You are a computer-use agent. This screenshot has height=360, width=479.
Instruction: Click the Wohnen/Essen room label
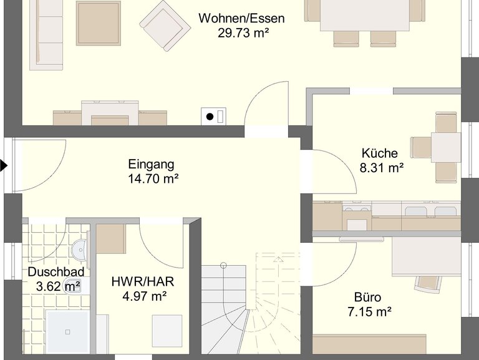[x=241, y=18]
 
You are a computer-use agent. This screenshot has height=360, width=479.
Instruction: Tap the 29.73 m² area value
[x=243, y=32]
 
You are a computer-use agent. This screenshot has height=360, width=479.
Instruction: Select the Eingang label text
[x=151, y=165]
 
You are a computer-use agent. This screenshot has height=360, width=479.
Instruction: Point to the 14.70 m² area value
[x=153, y=178]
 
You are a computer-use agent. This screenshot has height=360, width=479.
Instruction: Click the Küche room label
[x=380, y=153]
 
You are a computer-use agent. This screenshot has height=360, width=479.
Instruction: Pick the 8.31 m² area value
[x=382, y=167]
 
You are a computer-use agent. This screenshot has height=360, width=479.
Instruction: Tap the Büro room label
[x=367, y=298]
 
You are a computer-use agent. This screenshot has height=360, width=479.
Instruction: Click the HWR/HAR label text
[x=143, y=281]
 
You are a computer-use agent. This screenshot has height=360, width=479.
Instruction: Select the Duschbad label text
[x=56, y=271]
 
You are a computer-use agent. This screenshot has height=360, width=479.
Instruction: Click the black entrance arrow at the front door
[x=3, y=165]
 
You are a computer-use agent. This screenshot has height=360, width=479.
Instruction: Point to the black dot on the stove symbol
[x=210, y=117]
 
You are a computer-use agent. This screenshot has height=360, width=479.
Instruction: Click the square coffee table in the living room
[x=99, y=23]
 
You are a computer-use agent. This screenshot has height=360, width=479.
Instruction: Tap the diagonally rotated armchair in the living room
[x=165, y=26]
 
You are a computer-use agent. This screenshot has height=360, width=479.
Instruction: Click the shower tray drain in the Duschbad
[x=68, y=332]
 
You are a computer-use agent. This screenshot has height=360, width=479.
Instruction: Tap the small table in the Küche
[x=446, y=147]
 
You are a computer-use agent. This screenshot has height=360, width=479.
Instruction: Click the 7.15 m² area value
[x=370, y=312]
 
